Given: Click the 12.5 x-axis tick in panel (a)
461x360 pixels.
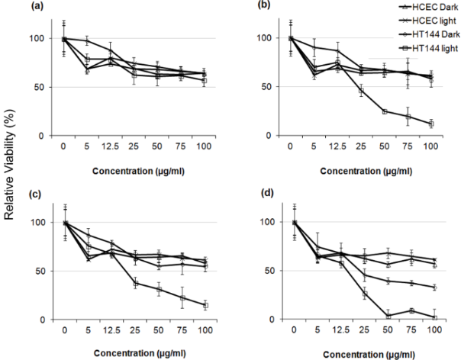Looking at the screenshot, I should click(112, 149).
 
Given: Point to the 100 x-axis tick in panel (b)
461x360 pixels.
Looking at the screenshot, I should click(431, 149).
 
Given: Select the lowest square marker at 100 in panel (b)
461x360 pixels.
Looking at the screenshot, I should click(431, 124).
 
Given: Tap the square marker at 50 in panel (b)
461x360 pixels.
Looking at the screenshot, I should click(385, 111).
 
